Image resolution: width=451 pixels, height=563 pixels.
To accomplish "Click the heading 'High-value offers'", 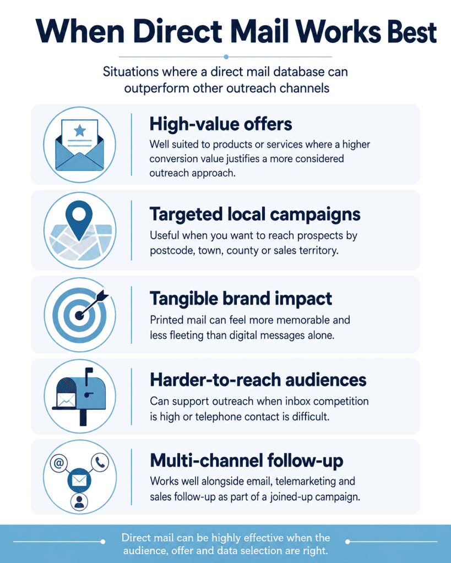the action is [220, 124].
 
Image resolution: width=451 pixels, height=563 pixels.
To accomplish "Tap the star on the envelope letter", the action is [79, 130].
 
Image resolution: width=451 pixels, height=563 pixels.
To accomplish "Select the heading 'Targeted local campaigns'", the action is [255, 215].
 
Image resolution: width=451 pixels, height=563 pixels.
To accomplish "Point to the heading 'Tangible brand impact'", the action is [241, 299].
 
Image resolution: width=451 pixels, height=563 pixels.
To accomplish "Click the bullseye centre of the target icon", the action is [79, 315].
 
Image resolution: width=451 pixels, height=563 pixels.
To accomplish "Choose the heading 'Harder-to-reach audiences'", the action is [258, 380].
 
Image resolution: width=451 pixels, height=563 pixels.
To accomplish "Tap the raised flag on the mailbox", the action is [88, 374].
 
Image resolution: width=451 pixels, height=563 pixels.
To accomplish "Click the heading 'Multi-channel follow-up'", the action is [246, 461].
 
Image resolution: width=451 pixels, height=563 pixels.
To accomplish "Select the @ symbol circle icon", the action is [58, 463].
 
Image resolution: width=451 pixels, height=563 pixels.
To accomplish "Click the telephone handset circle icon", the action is [100, 462].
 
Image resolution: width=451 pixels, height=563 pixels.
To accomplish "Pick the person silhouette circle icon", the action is [79, 501].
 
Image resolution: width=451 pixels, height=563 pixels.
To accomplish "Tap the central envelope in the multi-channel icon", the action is [79, 480].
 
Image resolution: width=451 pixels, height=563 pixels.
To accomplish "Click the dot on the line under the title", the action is [226, 57].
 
